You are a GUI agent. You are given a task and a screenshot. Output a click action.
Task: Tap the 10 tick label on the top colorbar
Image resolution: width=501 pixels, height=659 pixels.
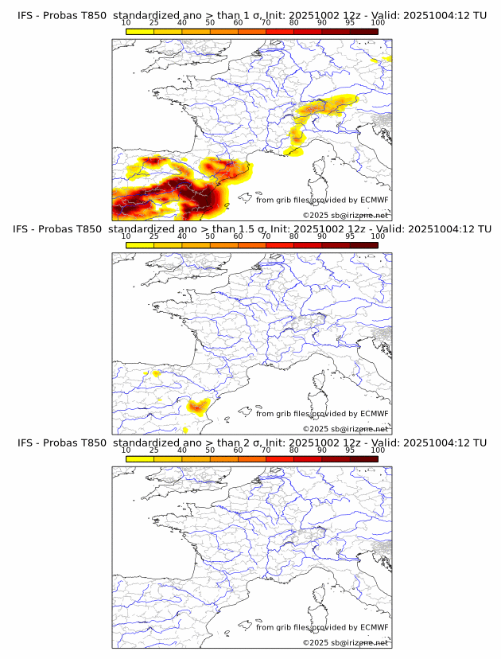(126, 22)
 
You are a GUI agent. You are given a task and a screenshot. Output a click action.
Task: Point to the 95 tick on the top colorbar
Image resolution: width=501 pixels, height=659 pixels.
(350, 22)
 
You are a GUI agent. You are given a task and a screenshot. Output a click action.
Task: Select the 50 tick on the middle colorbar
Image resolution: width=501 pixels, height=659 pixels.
(210, 236)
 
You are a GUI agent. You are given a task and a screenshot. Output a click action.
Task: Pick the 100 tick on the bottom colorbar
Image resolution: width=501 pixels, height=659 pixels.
(378, 450)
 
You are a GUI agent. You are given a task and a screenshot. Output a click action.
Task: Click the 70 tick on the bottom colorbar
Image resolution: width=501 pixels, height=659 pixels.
(266, 450)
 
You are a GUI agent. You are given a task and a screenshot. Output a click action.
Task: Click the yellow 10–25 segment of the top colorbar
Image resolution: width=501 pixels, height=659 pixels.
(140, 31)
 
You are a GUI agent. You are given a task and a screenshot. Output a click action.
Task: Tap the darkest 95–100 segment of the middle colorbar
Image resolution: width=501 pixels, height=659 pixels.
(363, 245)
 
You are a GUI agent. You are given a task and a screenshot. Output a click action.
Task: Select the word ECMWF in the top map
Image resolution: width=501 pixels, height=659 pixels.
(374, 201)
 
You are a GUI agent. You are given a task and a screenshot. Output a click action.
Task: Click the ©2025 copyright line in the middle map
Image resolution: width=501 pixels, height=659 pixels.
(345, 428)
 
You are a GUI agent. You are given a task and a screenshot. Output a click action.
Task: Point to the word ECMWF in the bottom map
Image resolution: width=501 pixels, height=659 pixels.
(374, 627)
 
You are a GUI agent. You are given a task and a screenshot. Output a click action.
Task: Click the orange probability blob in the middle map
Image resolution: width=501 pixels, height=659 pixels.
(198, 407)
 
